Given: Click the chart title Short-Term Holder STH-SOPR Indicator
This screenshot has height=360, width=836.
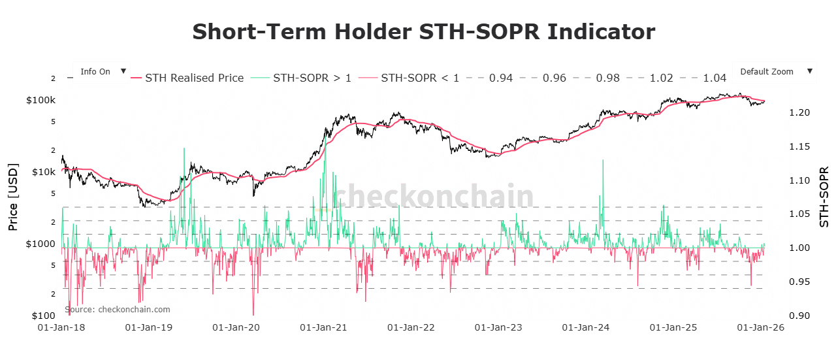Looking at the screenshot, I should pyautogui.click(x=423, y=32).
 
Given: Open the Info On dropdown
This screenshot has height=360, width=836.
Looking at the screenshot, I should pyautogui.click(x=101, y=72).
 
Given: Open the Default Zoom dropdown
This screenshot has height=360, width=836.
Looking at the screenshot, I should pyautogui.click(x=775, y=72).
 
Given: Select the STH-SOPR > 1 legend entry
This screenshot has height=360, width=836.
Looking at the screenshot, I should pyautogui.click(x=312, y=78).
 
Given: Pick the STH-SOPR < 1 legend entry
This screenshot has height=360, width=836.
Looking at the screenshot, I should pyautogui.click(x=420, y=78).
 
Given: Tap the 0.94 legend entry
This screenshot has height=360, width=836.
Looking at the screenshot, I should pyautogui.click(x=501, y=78).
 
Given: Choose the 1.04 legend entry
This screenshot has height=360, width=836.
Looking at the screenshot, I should pyautogui.click(x=715, y=78).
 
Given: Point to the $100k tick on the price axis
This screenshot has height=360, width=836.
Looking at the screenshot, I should pyautogui.click(x=40, y=100).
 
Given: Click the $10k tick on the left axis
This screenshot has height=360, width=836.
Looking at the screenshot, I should pyautogui.click(x=43, y=172).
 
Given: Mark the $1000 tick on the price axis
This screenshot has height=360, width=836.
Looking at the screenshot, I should pyautogui.click(x=41, y=244).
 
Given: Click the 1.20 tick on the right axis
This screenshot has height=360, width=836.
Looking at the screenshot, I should pyautogui.click(x=799, y=112).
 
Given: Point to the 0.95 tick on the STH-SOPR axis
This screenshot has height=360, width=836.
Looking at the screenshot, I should pyautogui.click(x=799, y=282).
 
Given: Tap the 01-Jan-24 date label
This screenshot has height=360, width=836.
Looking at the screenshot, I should pyautogui.click(x=585, y=327).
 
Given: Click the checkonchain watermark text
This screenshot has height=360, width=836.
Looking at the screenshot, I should pyautogui.click(x=433, y=196).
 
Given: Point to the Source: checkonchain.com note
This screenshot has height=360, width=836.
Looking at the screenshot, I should pyautogui.click(x=117, y=309).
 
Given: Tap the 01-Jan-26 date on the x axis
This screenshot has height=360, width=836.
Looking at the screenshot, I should pyautogui.click(x=760, y=327).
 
